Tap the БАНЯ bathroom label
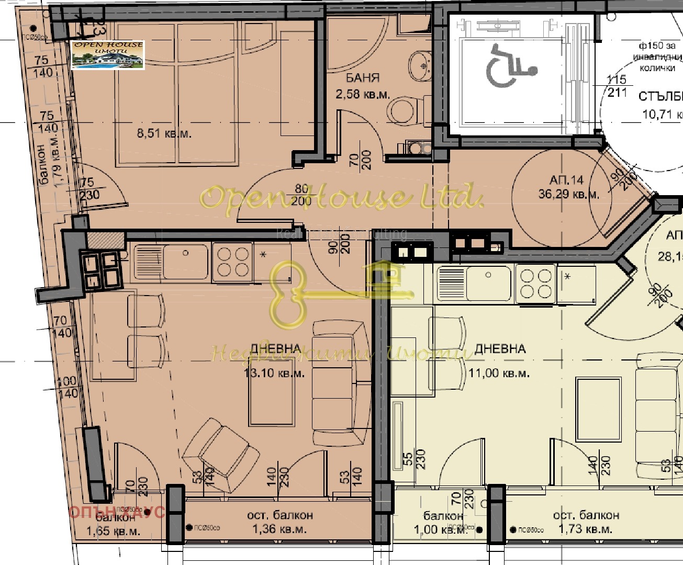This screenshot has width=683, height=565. tap(363, 78)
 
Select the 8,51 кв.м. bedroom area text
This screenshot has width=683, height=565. tap(164, 133)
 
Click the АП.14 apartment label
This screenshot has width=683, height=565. tap(566, 180)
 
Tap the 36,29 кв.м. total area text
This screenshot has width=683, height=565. tap(568, 194)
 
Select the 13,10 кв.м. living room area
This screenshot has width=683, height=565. tap(274, 374)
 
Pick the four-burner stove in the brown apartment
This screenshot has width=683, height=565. tap(233, 262)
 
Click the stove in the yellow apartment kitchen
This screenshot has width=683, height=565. tap(535, 284)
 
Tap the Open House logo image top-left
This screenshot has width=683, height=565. tap(108, 55)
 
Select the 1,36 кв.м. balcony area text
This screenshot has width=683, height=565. tap(279, 529)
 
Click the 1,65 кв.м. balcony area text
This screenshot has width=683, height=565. tap(113, 532)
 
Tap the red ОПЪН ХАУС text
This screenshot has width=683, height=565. tap(117, 512)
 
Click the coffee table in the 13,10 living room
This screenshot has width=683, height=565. tap(271, 399)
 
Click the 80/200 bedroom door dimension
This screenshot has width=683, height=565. tap(302, 195)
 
